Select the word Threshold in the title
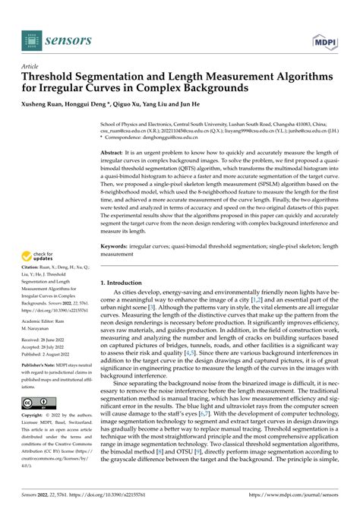pyautogui.click(x=52, y=78)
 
